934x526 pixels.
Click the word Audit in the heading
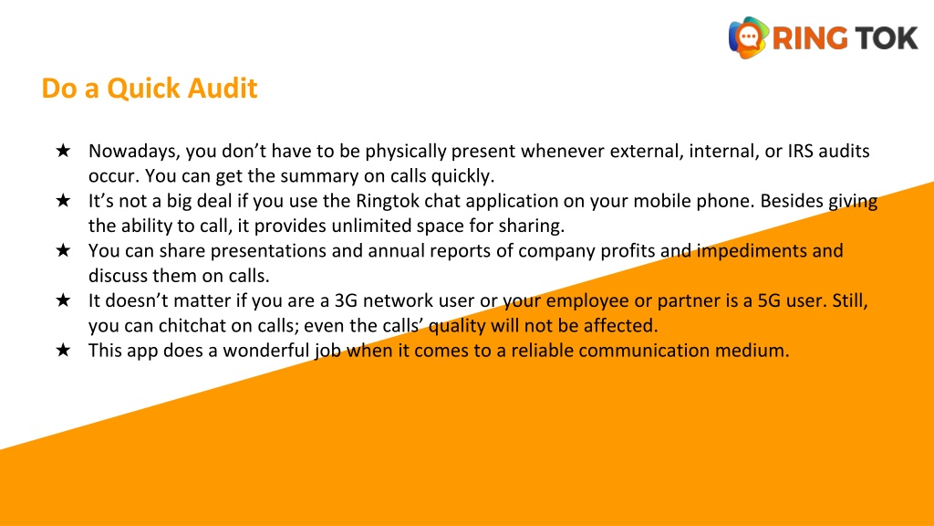pyautogui.click(x=223, y=89)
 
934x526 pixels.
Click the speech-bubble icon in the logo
pyautogui.click(x=748, y=37)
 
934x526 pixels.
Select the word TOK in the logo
pyautogui.click(x=885, y=37)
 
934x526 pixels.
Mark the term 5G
pyautogui.click(x=775, y=300)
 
